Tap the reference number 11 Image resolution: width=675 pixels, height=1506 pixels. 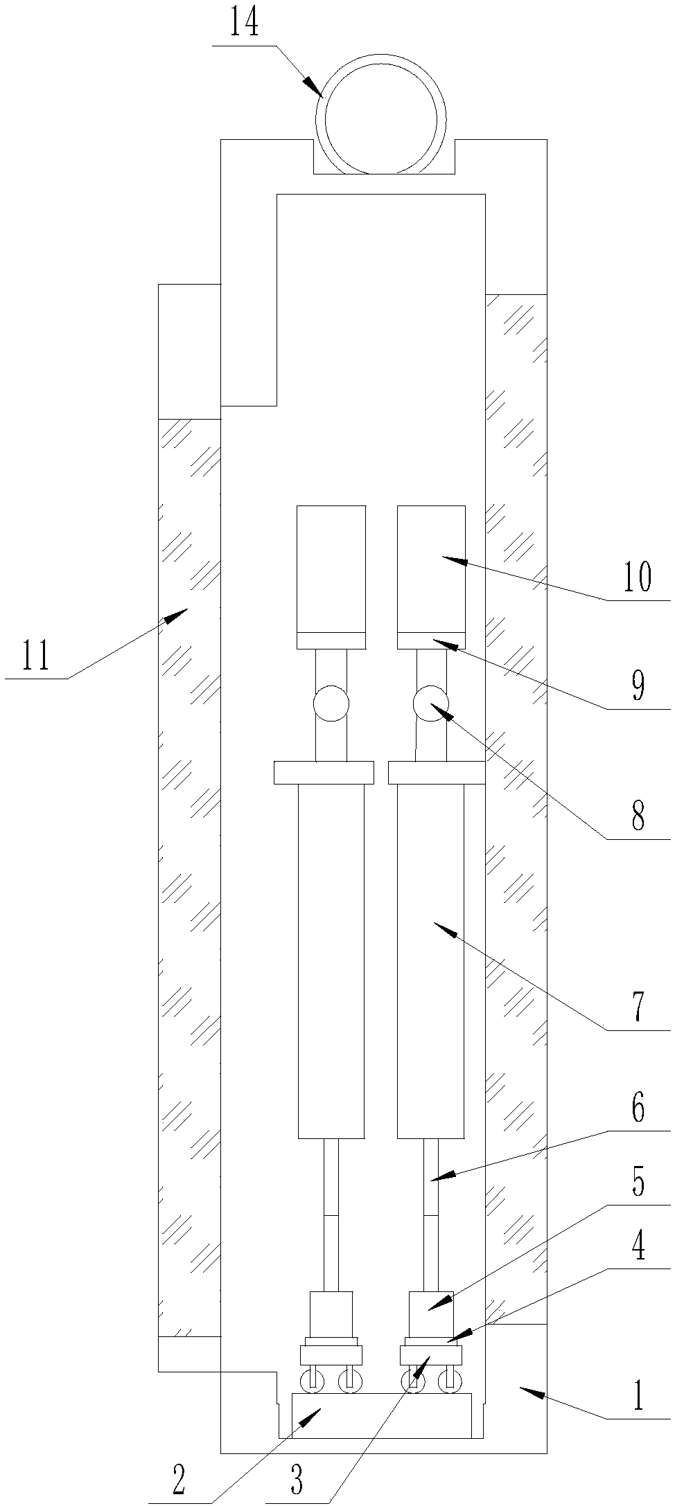35,656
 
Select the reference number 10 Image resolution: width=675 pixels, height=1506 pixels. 637,577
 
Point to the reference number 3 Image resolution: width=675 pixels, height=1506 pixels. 296,1483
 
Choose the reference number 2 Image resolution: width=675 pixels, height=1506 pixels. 178,1482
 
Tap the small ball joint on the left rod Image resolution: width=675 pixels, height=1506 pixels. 331,703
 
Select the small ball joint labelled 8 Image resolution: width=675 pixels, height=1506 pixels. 430,703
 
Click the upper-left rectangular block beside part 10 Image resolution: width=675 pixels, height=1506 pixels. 331,569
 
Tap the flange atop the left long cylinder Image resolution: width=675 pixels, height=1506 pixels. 324,773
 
